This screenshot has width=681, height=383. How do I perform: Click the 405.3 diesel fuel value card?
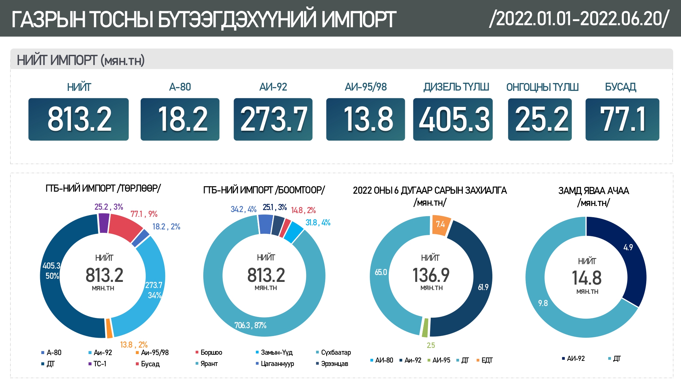453,119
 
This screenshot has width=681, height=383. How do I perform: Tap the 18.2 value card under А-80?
180,119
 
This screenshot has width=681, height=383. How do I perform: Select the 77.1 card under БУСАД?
622,119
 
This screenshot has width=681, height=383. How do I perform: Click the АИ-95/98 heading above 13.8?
366,87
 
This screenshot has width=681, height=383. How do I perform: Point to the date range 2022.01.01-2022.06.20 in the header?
579,18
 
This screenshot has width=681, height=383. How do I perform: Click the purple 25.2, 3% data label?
109,207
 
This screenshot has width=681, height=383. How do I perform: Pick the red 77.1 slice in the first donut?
124,226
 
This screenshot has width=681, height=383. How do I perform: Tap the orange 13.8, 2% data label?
134,345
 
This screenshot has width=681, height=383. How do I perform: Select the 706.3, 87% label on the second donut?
250,325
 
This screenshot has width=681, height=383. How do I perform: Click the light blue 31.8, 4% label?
318,223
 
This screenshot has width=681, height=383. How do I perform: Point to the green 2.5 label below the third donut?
431,345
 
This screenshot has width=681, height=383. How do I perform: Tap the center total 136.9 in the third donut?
431,275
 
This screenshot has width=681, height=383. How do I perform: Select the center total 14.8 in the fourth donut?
587,278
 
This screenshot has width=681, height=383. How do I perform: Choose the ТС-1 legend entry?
100,364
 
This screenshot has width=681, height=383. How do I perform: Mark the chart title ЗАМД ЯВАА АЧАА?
593,191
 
